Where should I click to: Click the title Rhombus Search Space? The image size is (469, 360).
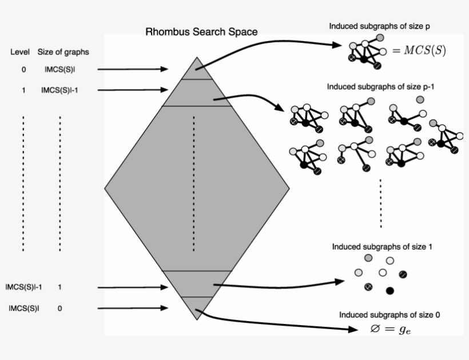point(201,32)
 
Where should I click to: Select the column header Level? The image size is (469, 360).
point(20,52)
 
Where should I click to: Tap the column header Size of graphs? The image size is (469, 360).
point(63,52)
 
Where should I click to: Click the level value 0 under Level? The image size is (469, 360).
point(23,70)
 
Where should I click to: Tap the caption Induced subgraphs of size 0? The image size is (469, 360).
point(389,315)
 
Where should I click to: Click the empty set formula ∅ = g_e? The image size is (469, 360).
point(389,329)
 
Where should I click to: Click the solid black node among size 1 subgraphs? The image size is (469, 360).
point(390,291)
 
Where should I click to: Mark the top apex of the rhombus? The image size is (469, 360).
point(197,58)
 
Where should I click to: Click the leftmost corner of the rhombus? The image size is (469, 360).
point(105,188)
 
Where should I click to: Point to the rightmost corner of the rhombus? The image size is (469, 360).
point(289,188)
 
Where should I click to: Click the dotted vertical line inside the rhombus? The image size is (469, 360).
point(193,183)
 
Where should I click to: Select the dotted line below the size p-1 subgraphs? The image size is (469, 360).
point(381,203)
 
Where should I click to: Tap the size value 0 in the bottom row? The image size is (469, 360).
point(59,308)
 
